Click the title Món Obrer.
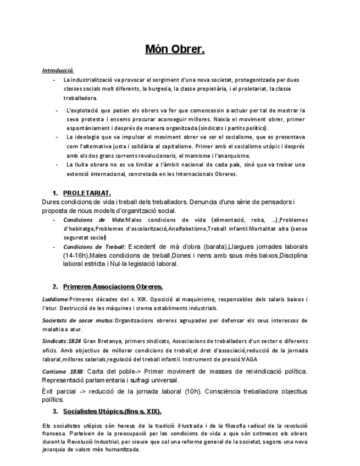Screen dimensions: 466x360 175,50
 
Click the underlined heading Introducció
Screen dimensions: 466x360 58,70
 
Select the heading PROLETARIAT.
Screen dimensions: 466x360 87,193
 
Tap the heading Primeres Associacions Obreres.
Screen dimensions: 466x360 113,287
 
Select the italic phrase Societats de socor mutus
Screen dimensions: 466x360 77,320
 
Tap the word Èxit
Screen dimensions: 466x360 48,391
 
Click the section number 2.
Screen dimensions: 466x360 56,287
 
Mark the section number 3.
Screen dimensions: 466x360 56,412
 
